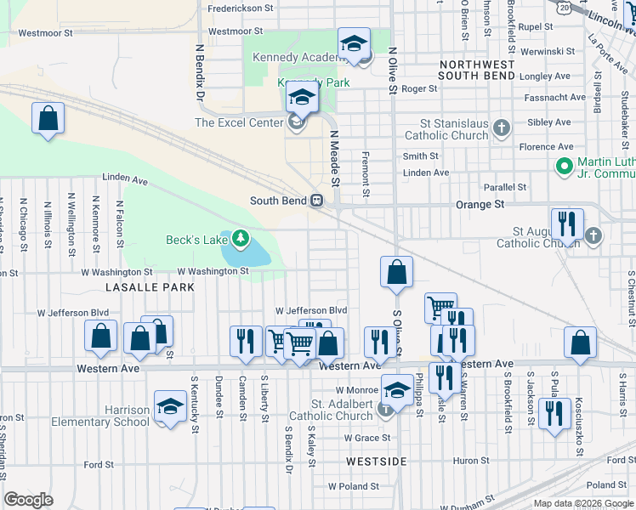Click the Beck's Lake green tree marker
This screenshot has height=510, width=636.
coord(241,239)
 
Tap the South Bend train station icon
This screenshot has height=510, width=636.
coord(315,201)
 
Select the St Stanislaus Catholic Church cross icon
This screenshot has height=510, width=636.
coord(502,129)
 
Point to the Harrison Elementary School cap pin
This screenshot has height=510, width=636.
coord(170,406)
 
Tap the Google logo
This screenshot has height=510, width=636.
coord(29,500)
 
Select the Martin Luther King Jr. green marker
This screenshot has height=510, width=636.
coord(564,165)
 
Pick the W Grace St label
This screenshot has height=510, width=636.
coord(366,438)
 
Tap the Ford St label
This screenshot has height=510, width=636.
coord(99,465)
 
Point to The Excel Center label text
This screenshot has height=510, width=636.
coord(238,123)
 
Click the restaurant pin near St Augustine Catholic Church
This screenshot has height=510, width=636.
coord(566,224)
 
